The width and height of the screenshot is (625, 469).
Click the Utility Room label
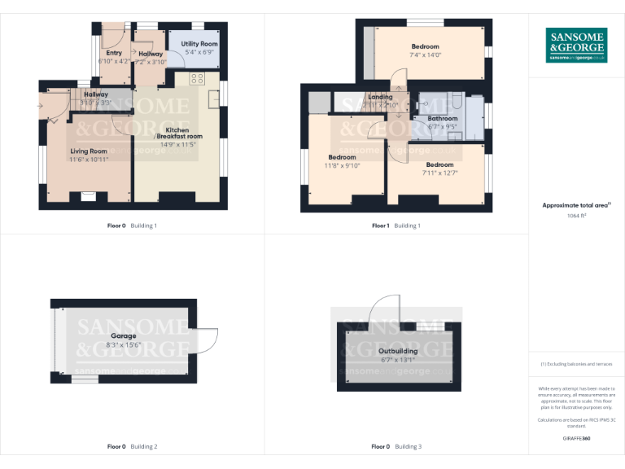tap(199, 44)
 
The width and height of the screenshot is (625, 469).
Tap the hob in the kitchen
tap(197, 79)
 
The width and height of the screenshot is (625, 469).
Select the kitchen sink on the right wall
tap(213, 99)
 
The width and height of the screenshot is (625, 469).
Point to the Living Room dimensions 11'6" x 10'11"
tap(89, 159)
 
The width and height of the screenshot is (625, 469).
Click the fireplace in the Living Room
tap(87, 195)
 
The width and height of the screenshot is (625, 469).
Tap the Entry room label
tap(114, 54)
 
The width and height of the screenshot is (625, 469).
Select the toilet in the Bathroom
tap(425, 105)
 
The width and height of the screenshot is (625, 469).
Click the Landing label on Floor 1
tap(380, 97)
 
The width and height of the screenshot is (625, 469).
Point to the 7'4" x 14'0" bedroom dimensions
tap(425, 55)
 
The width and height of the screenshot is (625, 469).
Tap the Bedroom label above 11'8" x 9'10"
tap(342, 157)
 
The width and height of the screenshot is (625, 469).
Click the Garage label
tap(124, 335)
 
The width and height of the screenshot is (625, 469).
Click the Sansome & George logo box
tap(576, 45)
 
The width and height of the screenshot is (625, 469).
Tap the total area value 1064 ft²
tap(576, 216)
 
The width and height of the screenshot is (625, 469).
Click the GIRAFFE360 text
tap(576, 439)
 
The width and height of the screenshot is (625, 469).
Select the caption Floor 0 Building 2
tap(133, 446)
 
